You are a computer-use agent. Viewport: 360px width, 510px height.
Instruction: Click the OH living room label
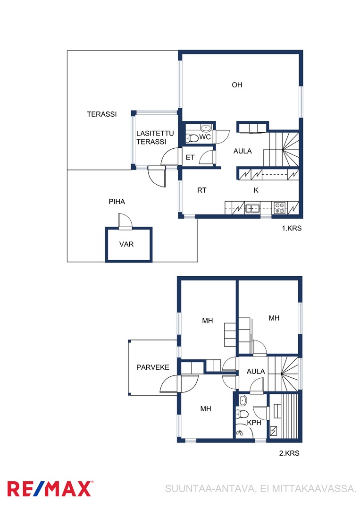pos(237,85)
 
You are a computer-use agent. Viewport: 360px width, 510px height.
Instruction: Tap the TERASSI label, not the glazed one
pos(102,114)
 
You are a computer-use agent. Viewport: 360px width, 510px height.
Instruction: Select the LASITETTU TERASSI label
pos(155,137)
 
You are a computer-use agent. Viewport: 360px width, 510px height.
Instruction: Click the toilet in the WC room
pos(193,138)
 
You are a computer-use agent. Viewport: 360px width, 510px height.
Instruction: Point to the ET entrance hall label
pos(190,158)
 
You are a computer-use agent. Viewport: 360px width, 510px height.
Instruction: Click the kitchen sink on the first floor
pos(252,208)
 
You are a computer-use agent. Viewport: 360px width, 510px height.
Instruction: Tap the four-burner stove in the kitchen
pos(279,208)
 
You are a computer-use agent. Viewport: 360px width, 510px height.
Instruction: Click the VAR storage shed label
pos(126,244)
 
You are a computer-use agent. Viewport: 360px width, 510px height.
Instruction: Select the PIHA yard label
pos(117,202)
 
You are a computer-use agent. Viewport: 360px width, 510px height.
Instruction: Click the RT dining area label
pos(202,190)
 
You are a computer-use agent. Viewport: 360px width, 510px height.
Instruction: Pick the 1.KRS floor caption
pos(292,229)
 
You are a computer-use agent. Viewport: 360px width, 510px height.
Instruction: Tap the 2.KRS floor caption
pos(289,453)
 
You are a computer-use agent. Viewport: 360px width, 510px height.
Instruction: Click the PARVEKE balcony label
pos(153,367)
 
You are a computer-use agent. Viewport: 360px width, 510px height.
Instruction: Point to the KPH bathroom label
pos(254,423)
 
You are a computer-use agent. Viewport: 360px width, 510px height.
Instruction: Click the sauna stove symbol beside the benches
pos(274,431)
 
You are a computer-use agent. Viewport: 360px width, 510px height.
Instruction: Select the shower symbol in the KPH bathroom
pos(240,433)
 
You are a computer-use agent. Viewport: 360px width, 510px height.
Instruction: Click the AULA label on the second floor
pos(256,372)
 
